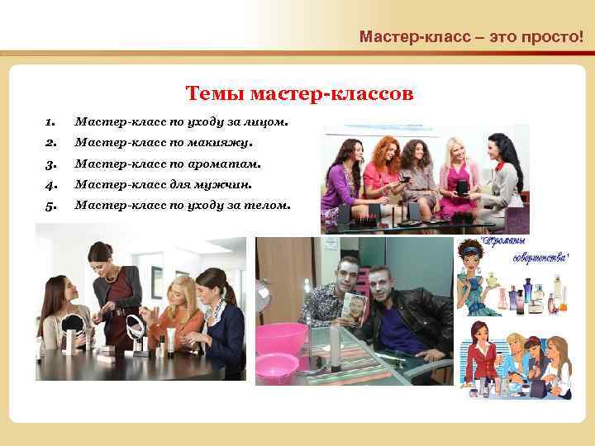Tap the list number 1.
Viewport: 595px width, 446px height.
(50, 123)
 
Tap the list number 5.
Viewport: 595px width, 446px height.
(50, 206)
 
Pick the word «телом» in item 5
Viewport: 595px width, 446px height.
(269, 206)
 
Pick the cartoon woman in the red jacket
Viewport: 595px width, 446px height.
(481, 351)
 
